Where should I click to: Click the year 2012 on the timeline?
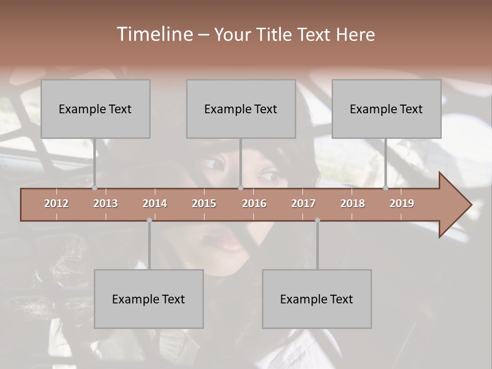click(x=56, y=203)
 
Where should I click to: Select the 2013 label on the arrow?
click(x=106, y=203)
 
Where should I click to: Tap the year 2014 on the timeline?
click(x=155, y=203)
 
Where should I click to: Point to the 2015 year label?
click(x=204, y=203)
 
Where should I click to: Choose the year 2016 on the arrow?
click(x=254, y=203)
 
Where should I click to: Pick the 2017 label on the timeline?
click(x=303, y=203)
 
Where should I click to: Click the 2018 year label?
click(x=353, y=203)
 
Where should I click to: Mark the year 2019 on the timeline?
click(x=402, y=203)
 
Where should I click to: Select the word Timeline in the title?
click(x=154, y=34)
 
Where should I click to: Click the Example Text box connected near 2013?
click(x=95, y=109)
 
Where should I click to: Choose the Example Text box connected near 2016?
click(x=241, y=109)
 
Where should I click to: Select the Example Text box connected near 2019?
click(x=386, y=109)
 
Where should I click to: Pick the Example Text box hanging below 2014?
click(x=149, y=299)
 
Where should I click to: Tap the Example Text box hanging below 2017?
click(x=317, y=299)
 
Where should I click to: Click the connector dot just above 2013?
click(x=95, y=188)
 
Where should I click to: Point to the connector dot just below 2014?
click(x=149, y=220)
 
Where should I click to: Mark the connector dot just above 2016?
click(x=240, y=188)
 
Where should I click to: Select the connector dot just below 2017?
click(x=317, y=220)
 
